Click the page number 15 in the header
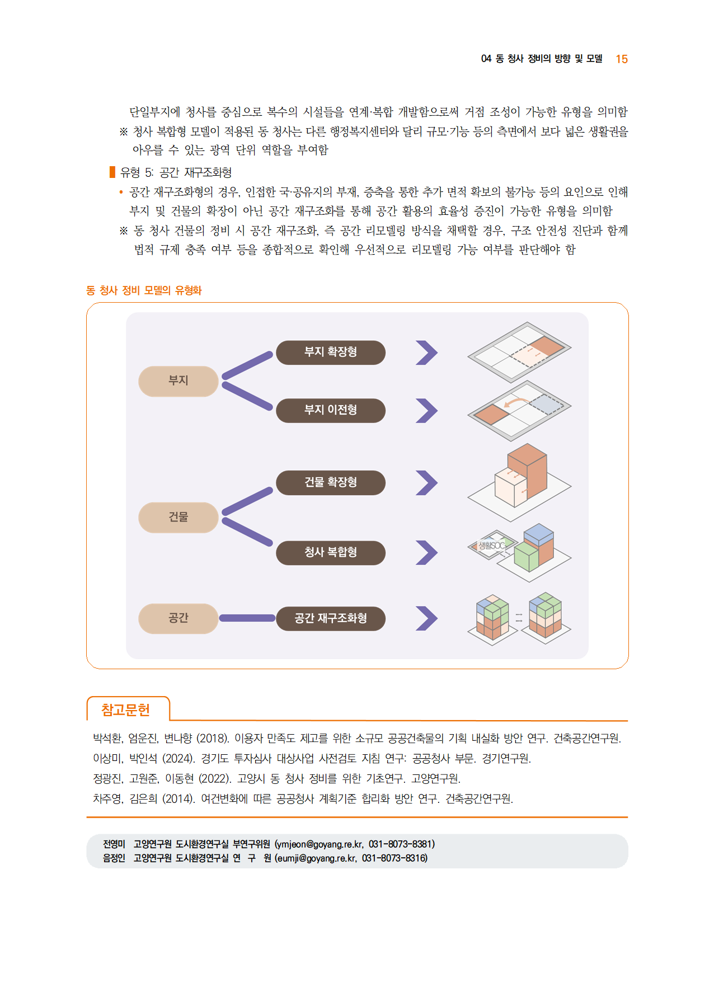pyautogui.click(x=622, y=59)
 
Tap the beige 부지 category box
pyautogui.click(x=178, y=381)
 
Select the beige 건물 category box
pyautogui.click(x=178, y=517)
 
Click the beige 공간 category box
pyautogui.click(x=178, y=618)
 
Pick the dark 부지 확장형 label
pyautogui.click(x=331, y=353)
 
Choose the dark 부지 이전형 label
pyautogui.click(x=331, y=411)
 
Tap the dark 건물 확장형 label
pyautogui.click(x=331, y=483)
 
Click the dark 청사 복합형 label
pyautogui.click(x=331, y=553)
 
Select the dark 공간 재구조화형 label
pyautogui.click(x=331, y=619)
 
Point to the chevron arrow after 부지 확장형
pyautogui.click(x=428, y=353)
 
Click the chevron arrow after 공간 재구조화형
pyautogui.click(x=428, y=618)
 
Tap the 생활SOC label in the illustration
pyautogui.click(x=491, y=545)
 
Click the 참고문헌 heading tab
pyautogui.click(x=126, y=710)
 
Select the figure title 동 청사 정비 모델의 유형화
pyautogui.click(x=144, y=290)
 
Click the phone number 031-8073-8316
pyautogui.click(x=394, y=858)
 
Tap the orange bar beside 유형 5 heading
pyautogui.click(x=112, y=172)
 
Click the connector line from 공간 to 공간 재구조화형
pyautogui.click(x=247, y=618)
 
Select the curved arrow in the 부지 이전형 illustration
pyautogui.click(x=515, y=402)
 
